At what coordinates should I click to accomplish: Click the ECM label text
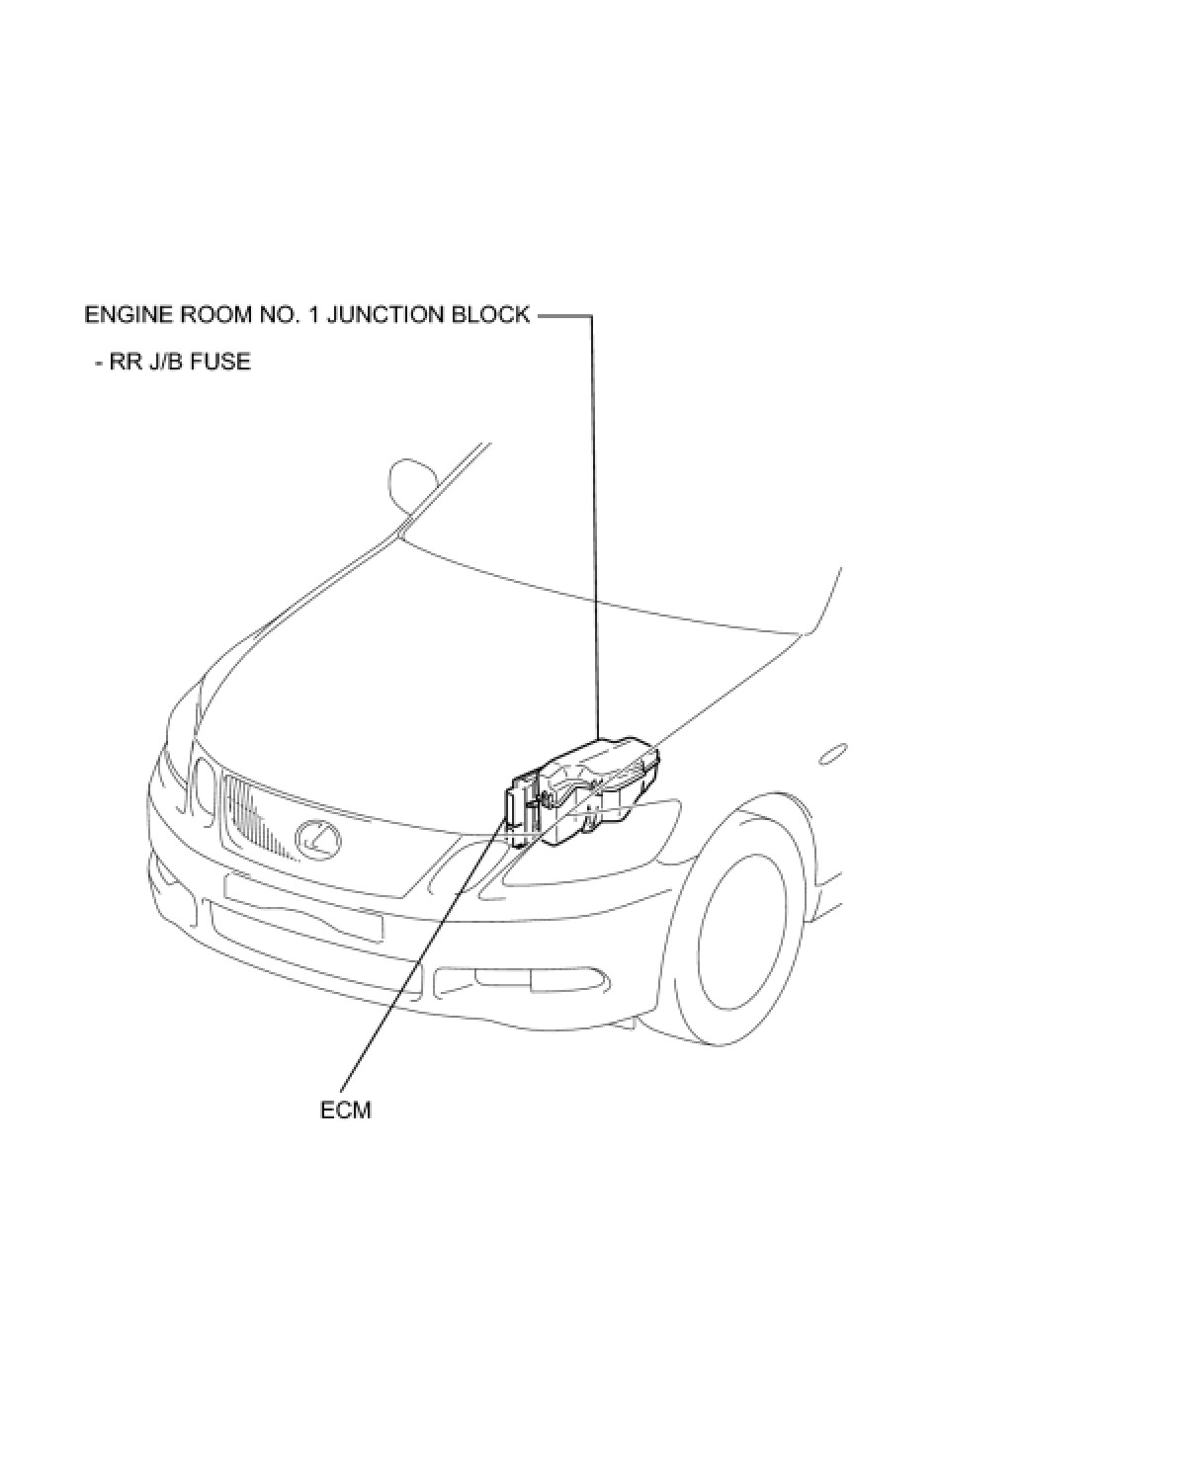(345, 1110)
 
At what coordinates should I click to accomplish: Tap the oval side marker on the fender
(833, 755)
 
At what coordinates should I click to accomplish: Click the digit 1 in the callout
(311, 315)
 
